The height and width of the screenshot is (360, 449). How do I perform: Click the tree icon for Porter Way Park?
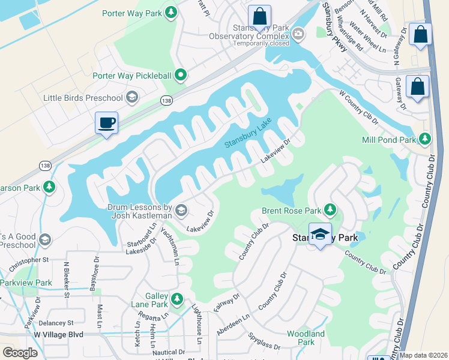click(171, 12)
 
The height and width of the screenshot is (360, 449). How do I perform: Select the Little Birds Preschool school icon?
click(132, 98)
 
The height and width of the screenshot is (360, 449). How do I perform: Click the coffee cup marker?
click(107, 123)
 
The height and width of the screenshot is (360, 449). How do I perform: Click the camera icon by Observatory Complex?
click(299, 34)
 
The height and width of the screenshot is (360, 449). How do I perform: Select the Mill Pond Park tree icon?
click(425, 140)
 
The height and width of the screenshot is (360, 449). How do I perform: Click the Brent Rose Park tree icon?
click(329, 210)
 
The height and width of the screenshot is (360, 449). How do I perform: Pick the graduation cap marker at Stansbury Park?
click(321, 235)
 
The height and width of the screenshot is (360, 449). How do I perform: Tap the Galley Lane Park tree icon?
click(176, 299)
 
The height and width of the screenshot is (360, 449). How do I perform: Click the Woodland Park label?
click(306, 338)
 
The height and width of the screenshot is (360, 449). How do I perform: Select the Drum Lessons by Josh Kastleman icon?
click(181, 209)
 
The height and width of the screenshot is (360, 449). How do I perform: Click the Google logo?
click(20, 353)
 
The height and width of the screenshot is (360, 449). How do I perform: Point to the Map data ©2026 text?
click(423, 355)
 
